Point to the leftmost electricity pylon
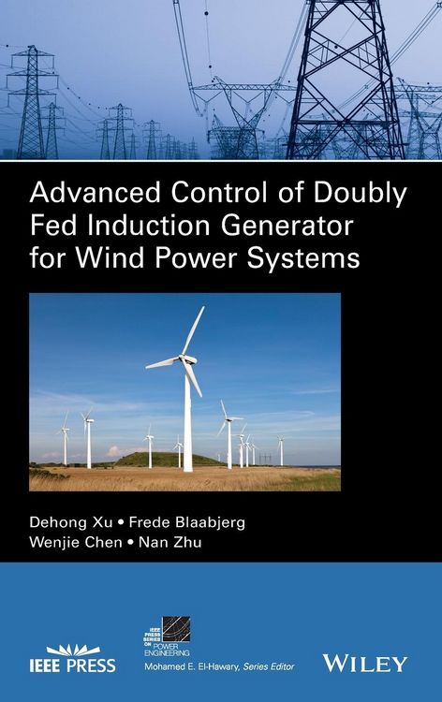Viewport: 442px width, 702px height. coord(29,103)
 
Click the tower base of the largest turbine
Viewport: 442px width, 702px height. coord(187,465)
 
